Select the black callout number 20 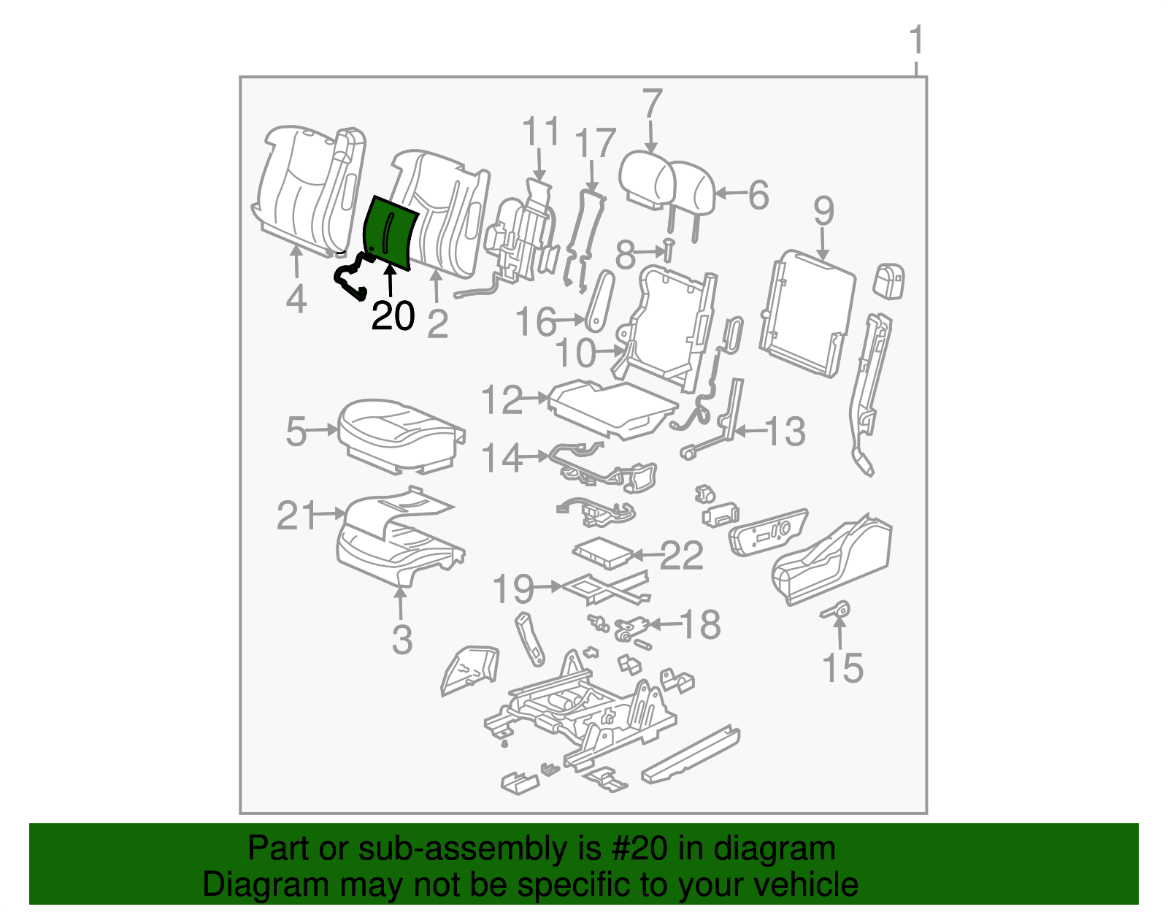(393, 316)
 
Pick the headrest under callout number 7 (646, 179)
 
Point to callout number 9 (823, 212)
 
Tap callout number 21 (296, 516)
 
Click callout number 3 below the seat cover (402, 640)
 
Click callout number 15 (842, 668)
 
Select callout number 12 (502, 400)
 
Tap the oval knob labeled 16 (597, 299)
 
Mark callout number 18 (700, 625)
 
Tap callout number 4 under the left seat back (296, 299)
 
